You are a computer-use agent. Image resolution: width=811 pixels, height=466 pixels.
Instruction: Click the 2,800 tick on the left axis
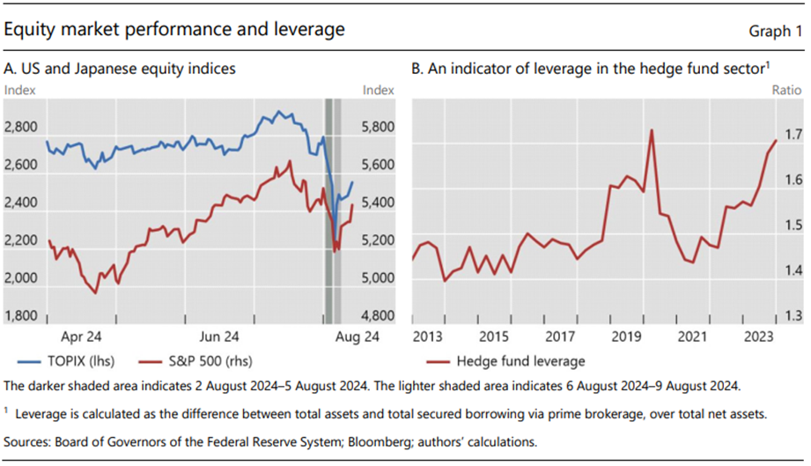[x=21, y=127]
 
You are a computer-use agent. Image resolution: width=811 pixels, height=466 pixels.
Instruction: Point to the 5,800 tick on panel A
[x=380, y=127]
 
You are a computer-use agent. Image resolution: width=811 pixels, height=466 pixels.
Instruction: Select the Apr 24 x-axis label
[x=84, y=337]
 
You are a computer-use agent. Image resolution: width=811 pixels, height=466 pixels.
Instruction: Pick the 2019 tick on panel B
[x=626, y=337]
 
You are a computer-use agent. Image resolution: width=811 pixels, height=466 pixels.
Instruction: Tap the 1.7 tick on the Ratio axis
[x=793, y=136]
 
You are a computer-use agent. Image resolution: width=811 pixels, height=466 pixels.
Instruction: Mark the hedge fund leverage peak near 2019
[x=651, y=130]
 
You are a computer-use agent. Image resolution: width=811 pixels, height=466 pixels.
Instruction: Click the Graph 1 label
[x=775, y=31]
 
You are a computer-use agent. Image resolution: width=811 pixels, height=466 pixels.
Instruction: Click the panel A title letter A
[x=10, y=68]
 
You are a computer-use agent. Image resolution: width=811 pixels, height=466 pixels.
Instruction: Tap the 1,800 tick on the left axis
[x=21, y=315]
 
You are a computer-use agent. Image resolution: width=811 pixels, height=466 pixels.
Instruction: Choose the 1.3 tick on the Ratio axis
[x=793, y=315]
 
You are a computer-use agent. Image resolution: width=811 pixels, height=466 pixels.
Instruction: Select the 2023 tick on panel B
[x=757, y=337]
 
